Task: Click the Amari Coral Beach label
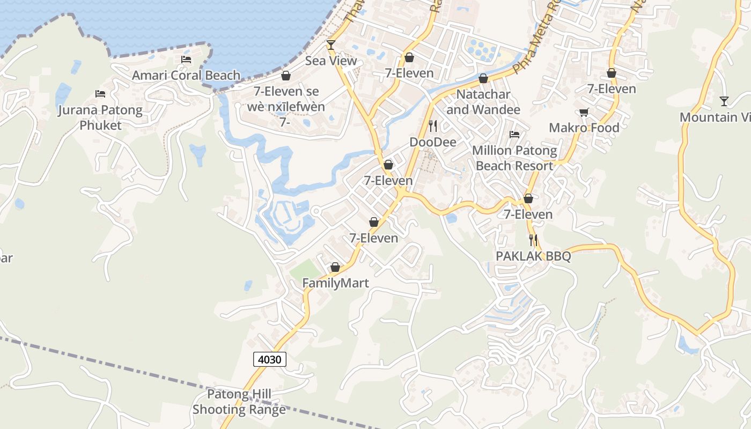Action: pos(186,75)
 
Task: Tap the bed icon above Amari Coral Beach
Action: pos(186,60)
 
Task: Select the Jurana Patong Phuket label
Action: pos(101,118)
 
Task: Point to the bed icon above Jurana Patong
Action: pos(100,94)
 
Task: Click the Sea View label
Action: pos(331,61)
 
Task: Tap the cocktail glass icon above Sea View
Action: pos(331,45)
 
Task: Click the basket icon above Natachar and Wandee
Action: pos(483,79)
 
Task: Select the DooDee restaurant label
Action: pos(433,142)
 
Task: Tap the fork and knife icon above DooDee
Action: pos(433,126)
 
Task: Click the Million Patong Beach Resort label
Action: pos(514,158)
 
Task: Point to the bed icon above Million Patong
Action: pos(514,135)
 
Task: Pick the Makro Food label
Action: pos(584,128)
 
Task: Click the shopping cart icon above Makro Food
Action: pos(584,112)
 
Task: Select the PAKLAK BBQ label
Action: pos(533,256)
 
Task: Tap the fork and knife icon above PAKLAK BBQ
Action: pos(533,240)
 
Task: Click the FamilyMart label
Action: pos(336,283)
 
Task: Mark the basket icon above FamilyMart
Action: pos(335,267)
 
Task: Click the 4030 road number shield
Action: pos(269,359)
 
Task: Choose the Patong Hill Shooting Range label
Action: pos(239,402)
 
